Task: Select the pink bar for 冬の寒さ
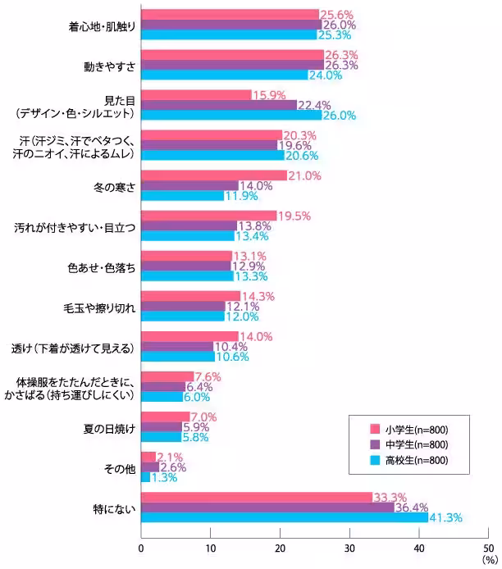[214, 175]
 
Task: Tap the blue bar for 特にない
[285, 518]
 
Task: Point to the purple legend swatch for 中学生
[375, 444]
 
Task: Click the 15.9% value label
[271, 95]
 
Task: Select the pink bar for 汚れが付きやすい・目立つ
[209, 216]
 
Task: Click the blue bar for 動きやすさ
[225, 75]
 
